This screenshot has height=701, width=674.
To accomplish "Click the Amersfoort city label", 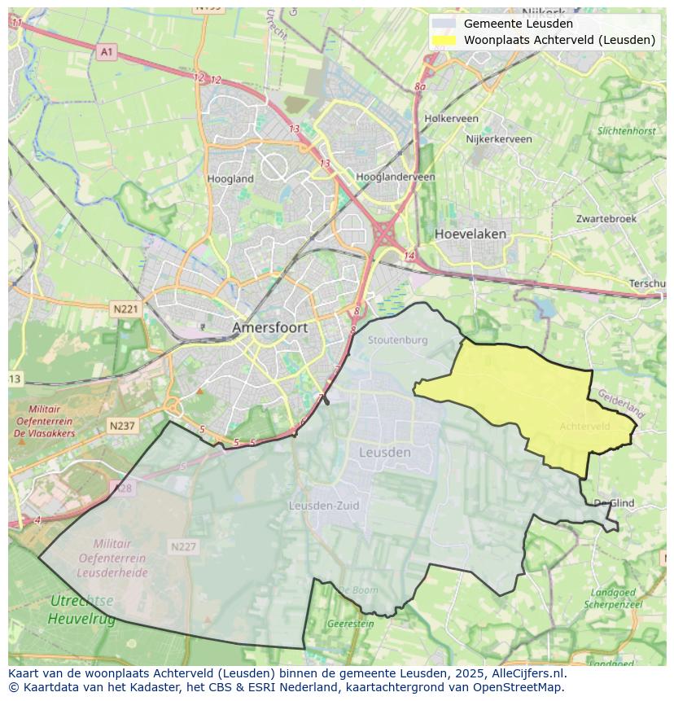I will click(270, 327).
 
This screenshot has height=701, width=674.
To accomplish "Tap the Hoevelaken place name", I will click(470, 234).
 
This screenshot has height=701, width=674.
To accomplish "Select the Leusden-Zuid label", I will click(324, 506).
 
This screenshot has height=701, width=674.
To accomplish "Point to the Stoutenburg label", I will click(397, 340).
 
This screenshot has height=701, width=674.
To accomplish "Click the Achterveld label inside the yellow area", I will click(584, 426).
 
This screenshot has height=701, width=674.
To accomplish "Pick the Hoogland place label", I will click(230, 178).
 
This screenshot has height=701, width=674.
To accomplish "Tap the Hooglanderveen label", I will click(396, 177).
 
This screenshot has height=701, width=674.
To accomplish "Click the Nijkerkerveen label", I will click(498, 139).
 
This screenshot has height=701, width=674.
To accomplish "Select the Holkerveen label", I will click(451, 118).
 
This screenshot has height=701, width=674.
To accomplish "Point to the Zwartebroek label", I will click(606, 219).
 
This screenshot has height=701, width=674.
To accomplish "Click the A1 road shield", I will click(107, 52).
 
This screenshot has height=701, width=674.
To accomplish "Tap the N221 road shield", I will click(125, 309).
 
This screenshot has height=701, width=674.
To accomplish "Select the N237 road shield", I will click(122, 425).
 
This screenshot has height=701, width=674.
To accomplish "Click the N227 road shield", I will click(183, 546).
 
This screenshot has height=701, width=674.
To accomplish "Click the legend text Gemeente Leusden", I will click(518, 24).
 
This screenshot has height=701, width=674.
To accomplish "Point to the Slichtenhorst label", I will click(626, 130).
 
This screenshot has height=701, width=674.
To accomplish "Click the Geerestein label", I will click(350, 624).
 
